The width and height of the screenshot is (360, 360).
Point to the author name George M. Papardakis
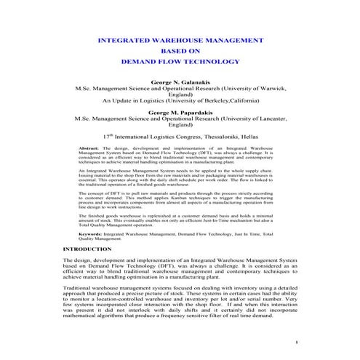pos(180,113)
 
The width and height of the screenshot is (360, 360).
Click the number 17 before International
pos(106,135)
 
